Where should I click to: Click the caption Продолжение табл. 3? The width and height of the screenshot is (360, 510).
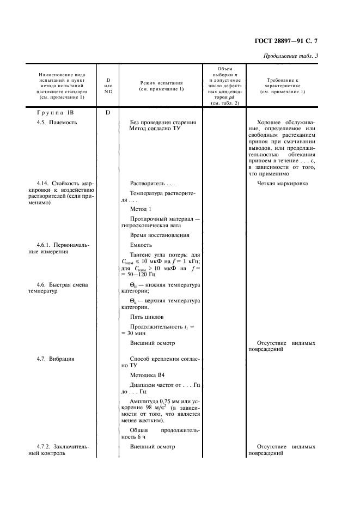click(x=291, y=56)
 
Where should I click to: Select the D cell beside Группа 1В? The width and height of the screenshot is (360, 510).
click(x=108, y=113)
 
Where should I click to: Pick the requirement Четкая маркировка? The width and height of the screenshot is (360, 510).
click(x=282, y=183)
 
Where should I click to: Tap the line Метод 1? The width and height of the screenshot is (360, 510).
click(x=141, y=209)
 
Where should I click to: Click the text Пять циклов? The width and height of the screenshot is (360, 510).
click(x=147, y=317)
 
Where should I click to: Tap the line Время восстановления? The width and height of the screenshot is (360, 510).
click(x=160, y=235)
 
